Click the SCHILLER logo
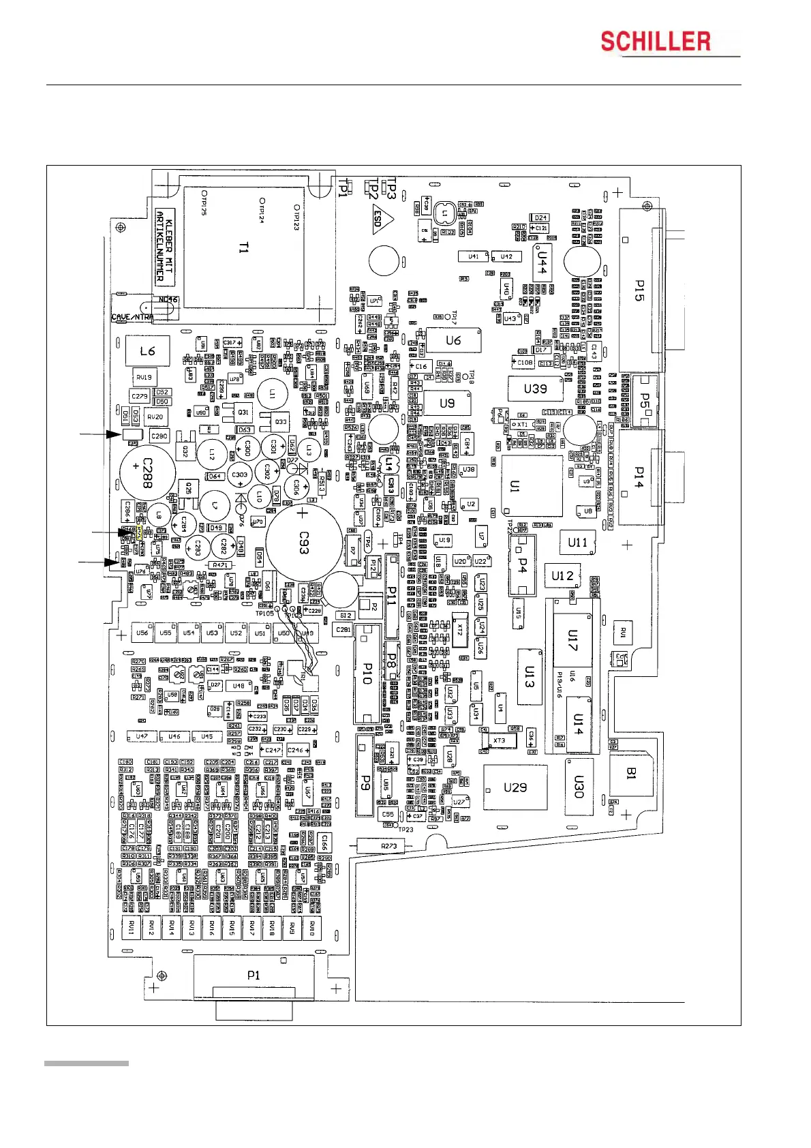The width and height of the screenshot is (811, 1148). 656,42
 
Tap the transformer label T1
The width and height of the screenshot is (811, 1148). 243,248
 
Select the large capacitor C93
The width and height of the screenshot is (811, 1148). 304,543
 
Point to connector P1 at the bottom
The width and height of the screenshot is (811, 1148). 254,976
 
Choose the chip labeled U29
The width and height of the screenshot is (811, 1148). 515,787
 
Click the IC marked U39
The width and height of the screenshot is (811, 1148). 535,389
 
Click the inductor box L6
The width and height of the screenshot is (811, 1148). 147,351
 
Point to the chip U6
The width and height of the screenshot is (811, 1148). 453,340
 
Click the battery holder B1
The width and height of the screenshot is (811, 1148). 632,773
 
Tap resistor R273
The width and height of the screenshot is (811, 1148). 389,846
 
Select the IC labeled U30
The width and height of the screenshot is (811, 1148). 579,787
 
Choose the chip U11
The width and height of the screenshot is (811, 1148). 577,543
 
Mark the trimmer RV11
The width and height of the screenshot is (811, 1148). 132,928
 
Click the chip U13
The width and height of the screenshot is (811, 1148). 530,676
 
